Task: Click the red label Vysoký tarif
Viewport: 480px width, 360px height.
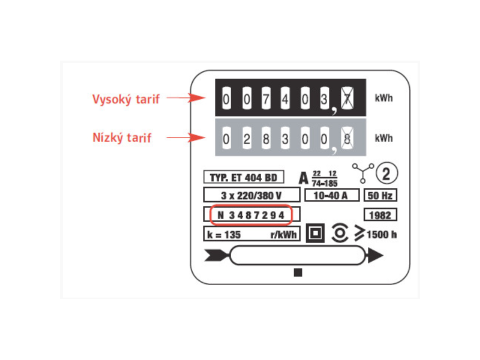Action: tap(126, 100)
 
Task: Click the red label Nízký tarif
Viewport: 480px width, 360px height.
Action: tap(122, 138)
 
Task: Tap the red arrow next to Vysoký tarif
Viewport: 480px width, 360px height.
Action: tap(186, 98)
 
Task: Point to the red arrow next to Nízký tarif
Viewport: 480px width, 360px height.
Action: tap(186, 137)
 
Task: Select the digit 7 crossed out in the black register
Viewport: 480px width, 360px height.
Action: tap(347, 98)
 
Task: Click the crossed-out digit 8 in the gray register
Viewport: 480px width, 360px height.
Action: tap(347, 139)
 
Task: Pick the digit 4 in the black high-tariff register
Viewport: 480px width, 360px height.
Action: tap(285, 98)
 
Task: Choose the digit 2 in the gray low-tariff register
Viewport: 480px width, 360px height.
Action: tap(247, 139)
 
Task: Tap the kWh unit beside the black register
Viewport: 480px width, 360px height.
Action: tap(383, 98)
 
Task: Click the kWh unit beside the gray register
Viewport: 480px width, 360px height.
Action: tap(383, 138)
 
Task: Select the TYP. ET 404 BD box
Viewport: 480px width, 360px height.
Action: tap(244, 177)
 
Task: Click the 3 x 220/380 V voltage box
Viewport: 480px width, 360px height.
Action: tap(251, 195)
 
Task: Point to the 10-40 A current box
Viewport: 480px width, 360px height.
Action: tap(332, 195)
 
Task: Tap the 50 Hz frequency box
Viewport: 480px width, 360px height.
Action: tap(380, 196)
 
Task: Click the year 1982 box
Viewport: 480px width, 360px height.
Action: tap(380, 215)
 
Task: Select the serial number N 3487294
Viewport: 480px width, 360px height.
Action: tap(251, 215)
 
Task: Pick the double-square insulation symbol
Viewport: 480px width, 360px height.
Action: tap(316, 233)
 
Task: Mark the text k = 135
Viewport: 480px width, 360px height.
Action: tap(224, 235)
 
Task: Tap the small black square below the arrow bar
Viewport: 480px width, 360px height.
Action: tap(298, 272)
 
